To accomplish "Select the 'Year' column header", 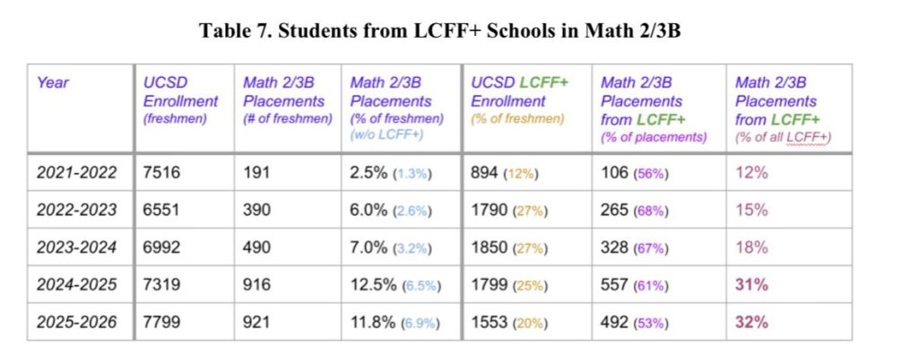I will coord(53,82).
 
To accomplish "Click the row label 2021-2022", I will coord(77,173).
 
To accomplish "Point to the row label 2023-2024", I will coord(77,247).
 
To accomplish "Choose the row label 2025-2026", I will coord(77,322).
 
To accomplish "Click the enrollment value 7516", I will coord(162,173).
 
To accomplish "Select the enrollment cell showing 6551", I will coord(162,210).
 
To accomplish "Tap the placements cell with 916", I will coord(256,284).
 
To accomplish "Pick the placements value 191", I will coord(256,173).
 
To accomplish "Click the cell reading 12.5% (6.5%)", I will coord(395,284).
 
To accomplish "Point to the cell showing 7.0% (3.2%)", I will coord(392,247).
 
